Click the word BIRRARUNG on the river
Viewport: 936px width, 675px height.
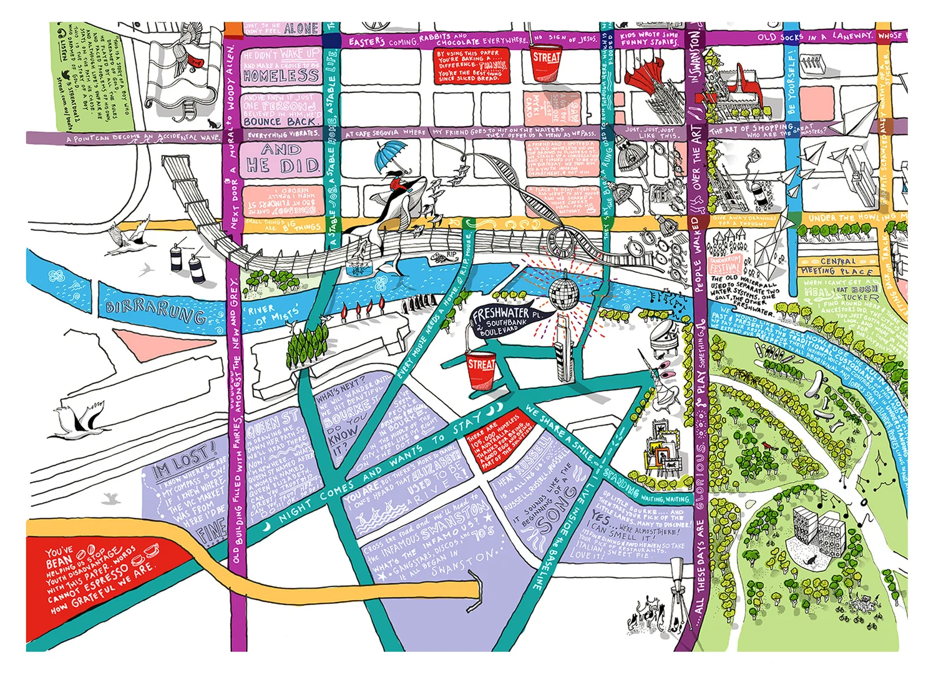(x=156, y=310)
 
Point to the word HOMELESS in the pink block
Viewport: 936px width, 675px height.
(x=281, y=76)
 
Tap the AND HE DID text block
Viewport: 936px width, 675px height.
(x=282, y=158)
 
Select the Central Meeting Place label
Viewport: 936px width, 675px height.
(x=837, y=267)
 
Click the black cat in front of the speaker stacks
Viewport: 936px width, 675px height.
(x=812, y=560)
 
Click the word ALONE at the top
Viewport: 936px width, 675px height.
(x=301, y=29)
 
